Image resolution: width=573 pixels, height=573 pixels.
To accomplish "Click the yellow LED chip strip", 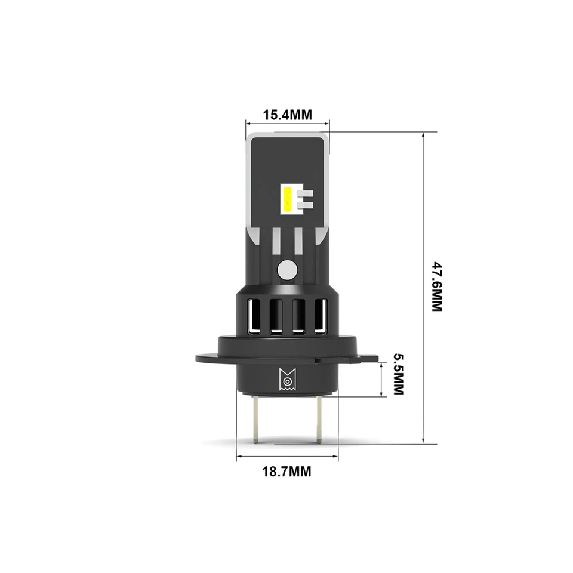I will pos(287,199).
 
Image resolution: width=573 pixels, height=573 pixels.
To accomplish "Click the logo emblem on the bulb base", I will pos(287,380).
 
